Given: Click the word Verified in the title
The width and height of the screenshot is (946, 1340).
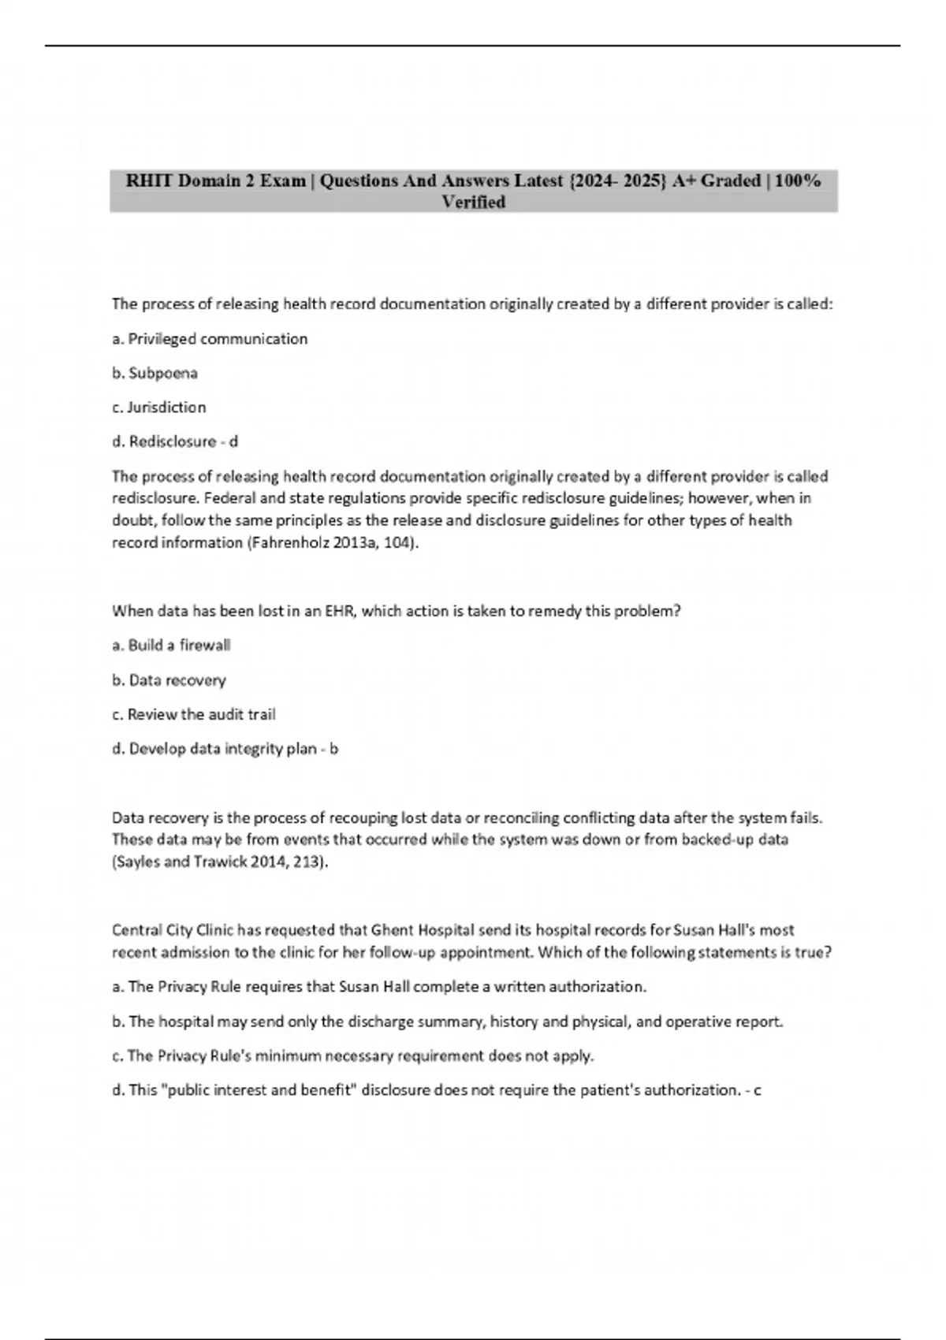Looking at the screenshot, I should (473, 203).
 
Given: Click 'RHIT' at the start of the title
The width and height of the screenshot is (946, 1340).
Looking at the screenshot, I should (149, 181).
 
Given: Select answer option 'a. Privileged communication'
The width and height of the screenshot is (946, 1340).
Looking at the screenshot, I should (210, 339).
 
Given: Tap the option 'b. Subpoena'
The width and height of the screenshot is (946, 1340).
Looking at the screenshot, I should (155, 373).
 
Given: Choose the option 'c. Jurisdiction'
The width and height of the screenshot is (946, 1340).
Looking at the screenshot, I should (158, 408).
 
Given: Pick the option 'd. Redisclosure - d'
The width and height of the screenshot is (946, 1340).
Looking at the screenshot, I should (175, 441).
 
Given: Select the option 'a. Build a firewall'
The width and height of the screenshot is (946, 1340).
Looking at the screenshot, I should (171, 646).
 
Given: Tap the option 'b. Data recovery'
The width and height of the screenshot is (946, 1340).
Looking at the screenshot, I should (169, 680).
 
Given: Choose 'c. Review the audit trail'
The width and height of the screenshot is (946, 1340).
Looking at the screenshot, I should (193, 714).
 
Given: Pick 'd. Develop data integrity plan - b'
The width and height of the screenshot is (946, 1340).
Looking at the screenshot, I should (225, 749).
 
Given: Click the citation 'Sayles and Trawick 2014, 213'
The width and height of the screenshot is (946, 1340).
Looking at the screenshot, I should (218, 862).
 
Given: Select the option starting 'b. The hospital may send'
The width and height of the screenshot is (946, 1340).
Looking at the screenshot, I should (447, 1022).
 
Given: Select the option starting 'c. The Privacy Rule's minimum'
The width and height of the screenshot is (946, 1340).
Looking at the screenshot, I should (352, 1055).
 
